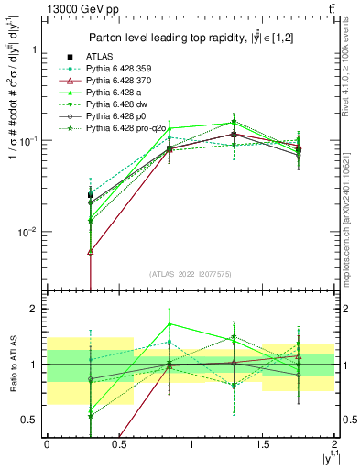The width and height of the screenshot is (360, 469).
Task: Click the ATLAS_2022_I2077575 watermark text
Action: coord(191,273)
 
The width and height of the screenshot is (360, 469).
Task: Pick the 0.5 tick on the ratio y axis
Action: coord(27,420)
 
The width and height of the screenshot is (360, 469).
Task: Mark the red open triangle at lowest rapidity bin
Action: coord(90,251)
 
